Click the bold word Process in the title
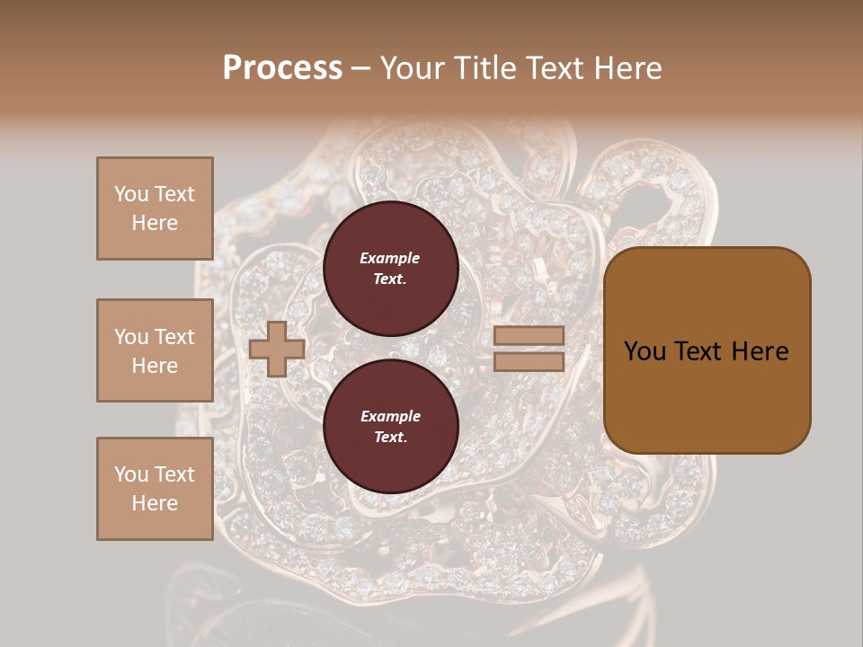(282, 68)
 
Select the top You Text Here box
(155, 208)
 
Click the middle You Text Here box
(155, 350)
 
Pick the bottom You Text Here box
(155, 488)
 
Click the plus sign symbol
(277, 349)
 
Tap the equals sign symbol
(529, 349)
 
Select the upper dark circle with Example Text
(391, 268)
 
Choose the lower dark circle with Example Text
(391, 427)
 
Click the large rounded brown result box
(707, 350)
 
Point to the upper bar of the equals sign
(529, 336)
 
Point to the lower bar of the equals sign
(529, 361)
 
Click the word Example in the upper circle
(390, 258)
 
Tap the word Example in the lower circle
(390, 416)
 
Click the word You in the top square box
(130, 194)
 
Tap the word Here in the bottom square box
(155, 503)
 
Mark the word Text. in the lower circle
(390, 438)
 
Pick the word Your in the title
(411, 68)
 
